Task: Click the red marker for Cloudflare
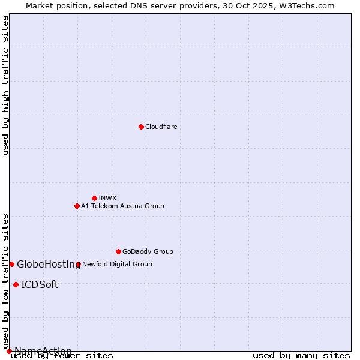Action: click(141, 127)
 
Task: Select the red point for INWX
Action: click(94, 198)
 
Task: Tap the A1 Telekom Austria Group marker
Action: click(77, 206)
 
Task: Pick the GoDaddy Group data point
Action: click(118, 251)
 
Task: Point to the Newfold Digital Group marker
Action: click(78, 264)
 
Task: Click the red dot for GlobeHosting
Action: click(11, 264)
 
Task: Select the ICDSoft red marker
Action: click(16, 284)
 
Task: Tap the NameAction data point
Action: click(9, 351)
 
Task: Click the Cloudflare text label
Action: click(161, 127)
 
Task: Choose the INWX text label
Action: click(107, 198)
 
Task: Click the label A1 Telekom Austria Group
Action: click(122, 206)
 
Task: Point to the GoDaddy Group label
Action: click(148, 251)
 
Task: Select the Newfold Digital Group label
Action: click(117, 264)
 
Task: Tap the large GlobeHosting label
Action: click(49, 265)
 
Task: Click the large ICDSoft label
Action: click(40, 285)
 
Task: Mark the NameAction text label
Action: click(43, 351)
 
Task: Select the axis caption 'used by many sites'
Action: click(301, 355)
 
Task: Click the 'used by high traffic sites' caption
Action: click(5, 85)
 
